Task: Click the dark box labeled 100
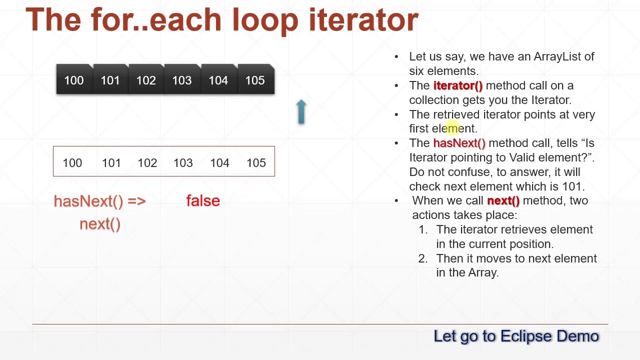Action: click(x=74, y=79)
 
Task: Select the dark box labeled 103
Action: click(x=183, y=79)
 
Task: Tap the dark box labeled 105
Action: click(x=256, y=79)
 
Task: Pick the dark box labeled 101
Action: click(x=111, y=79)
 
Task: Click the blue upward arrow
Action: click(x=301, y=111)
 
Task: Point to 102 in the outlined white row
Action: click(x=147, y=163)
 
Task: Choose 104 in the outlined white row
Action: click(x=219, y=163)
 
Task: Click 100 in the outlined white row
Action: click(x=72, y=163)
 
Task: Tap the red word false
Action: click(x=203, y=200)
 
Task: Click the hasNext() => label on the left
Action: click(x=99, y=201)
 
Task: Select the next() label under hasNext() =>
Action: click(x=100, y=224)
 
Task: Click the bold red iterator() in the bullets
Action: click(x=457, y=85)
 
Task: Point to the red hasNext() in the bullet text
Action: click(x=459, y=143)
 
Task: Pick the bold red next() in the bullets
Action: click(x=503, y=201)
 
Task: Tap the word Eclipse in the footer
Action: click(x=526, y=336)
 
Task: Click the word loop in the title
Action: click(x=265, y=20)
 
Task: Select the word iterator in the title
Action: click(x=363, y=20)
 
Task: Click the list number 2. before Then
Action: click(x=423, y=258)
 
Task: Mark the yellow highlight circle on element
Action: click(x=452, y=127)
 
